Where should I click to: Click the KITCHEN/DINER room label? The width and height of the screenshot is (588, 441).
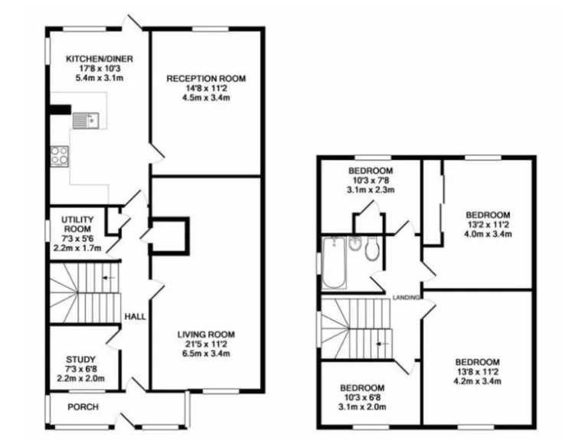(x=93, y=58)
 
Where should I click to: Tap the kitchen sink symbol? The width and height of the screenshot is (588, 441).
(x=83, y=119)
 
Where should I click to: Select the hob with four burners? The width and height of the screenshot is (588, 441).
(x=59, y=156)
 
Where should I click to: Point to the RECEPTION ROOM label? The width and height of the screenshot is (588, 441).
(x=206, y=79)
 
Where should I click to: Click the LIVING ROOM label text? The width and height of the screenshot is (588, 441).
(x=206, y=335)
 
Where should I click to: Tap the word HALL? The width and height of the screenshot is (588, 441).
(x=135, y=316)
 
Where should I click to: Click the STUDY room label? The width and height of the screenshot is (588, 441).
(x=80, y=358)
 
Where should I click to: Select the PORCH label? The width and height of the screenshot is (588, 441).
(x=83, y=407)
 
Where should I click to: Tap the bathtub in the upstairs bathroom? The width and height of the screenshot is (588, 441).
(x=334, y=263)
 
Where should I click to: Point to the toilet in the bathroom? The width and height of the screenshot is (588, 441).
(x=373, y=248)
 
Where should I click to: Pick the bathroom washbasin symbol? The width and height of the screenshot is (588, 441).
(x=354, y=243)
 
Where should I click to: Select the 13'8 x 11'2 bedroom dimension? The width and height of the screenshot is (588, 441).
(x=478, y=372)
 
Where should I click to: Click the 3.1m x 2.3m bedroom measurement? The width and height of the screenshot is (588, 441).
(x=371, y=190)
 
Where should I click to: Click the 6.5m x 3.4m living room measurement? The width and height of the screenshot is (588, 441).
(x=206, y=354)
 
